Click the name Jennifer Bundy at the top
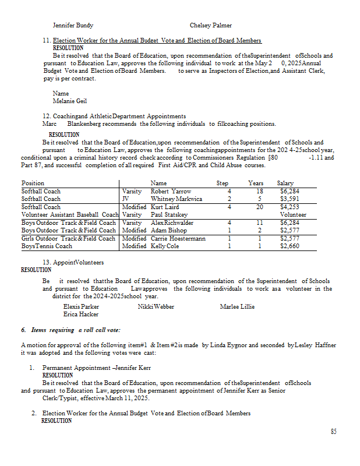73,26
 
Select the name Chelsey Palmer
210,26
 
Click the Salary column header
285,183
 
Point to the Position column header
33,183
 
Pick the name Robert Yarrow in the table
171,191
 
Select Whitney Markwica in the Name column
177,199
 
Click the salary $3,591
290,199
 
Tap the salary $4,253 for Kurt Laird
290,207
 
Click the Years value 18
260,191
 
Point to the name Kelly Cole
165,246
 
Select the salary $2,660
290,246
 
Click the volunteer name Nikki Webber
156,306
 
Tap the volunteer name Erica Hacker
81,315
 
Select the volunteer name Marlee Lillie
237,306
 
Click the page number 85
333,432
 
